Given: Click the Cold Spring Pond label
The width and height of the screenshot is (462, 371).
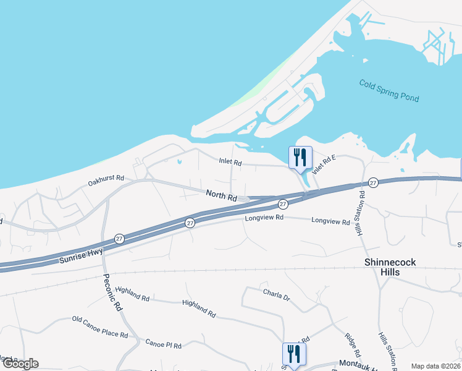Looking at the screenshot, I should click(388, 91).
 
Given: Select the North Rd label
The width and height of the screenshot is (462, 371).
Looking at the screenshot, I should click(222, 196).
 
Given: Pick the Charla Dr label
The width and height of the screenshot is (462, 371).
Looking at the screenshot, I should click(276, 293).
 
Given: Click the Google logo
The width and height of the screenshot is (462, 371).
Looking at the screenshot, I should click(20, 364).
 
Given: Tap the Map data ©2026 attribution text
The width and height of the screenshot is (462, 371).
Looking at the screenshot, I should click(435, 366).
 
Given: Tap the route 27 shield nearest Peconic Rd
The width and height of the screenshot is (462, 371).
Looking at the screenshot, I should click(119, 239).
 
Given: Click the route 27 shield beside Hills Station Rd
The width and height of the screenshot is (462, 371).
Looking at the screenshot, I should click(373, 182).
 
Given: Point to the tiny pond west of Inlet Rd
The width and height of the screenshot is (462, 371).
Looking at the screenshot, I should click(178, 163).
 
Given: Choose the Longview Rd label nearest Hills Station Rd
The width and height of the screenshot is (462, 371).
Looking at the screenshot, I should click(330, 220).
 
